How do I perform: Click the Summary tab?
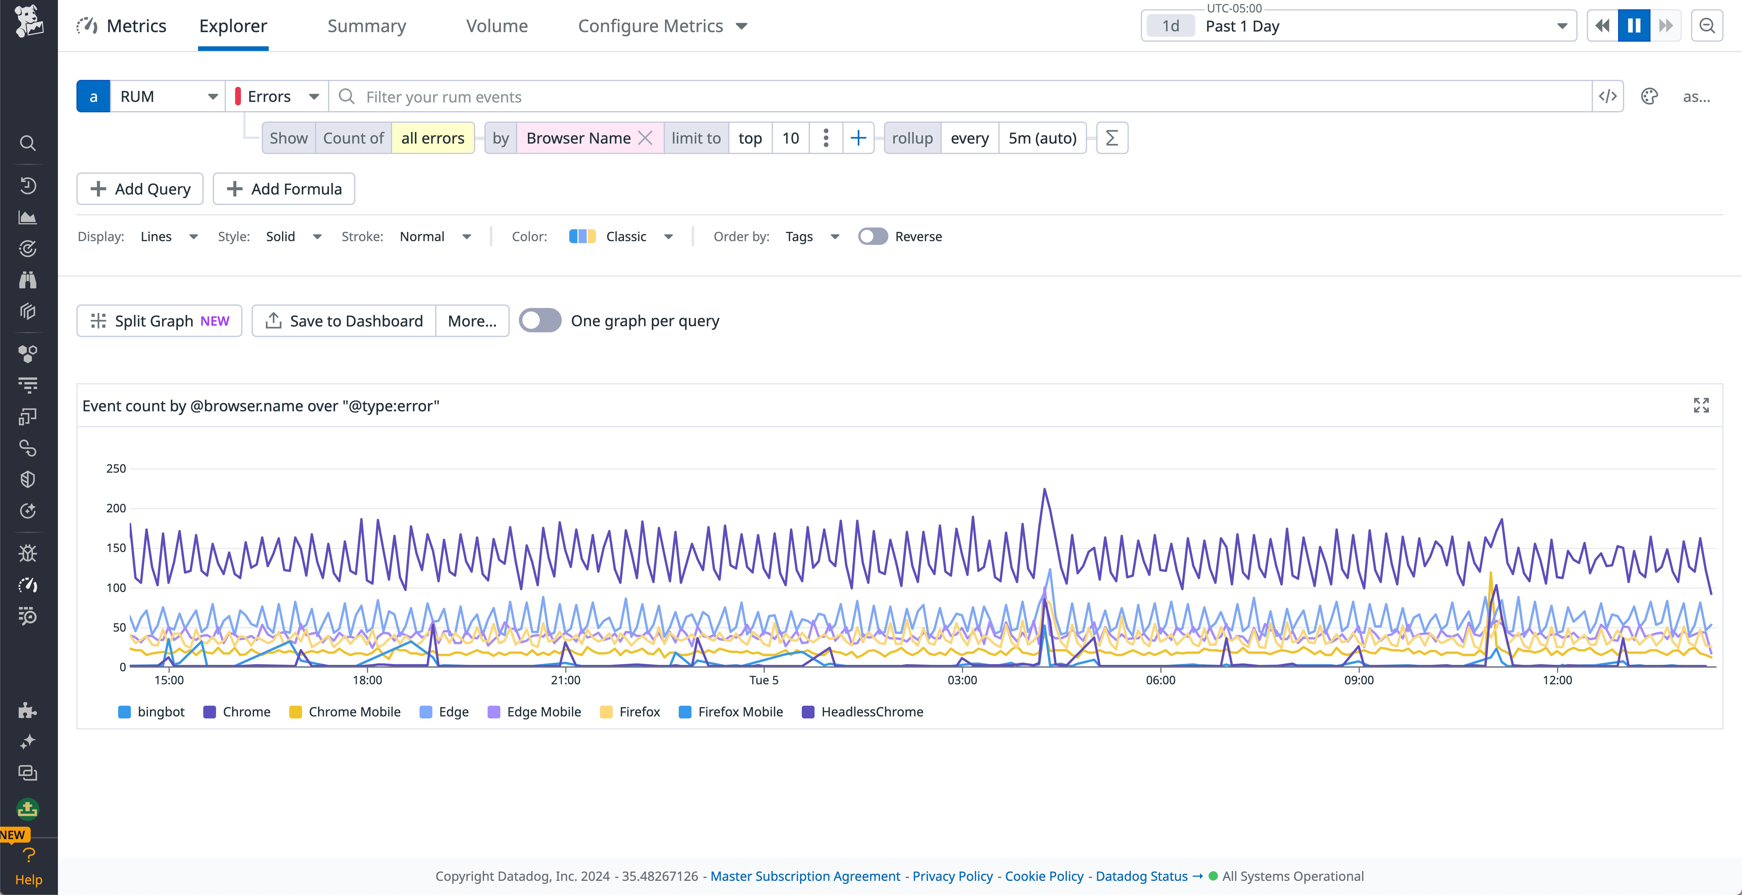coord(367,26)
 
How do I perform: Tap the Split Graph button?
coord(160,321)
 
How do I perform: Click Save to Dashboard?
coord(344,321)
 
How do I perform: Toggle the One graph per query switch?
coord(540,320)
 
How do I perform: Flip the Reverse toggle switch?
coord(872,236)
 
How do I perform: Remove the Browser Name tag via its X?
coord(645,138)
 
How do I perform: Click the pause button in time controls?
coord(1634,26)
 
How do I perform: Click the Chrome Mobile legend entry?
coord(354,712)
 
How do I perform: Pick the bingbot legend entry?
coord(160,712)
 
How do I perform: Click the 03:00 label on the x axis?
coord(962,680)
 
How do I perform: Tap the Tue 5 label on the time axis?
coord(764,680)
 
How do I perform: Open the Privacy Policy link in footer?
coord(952,876)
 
